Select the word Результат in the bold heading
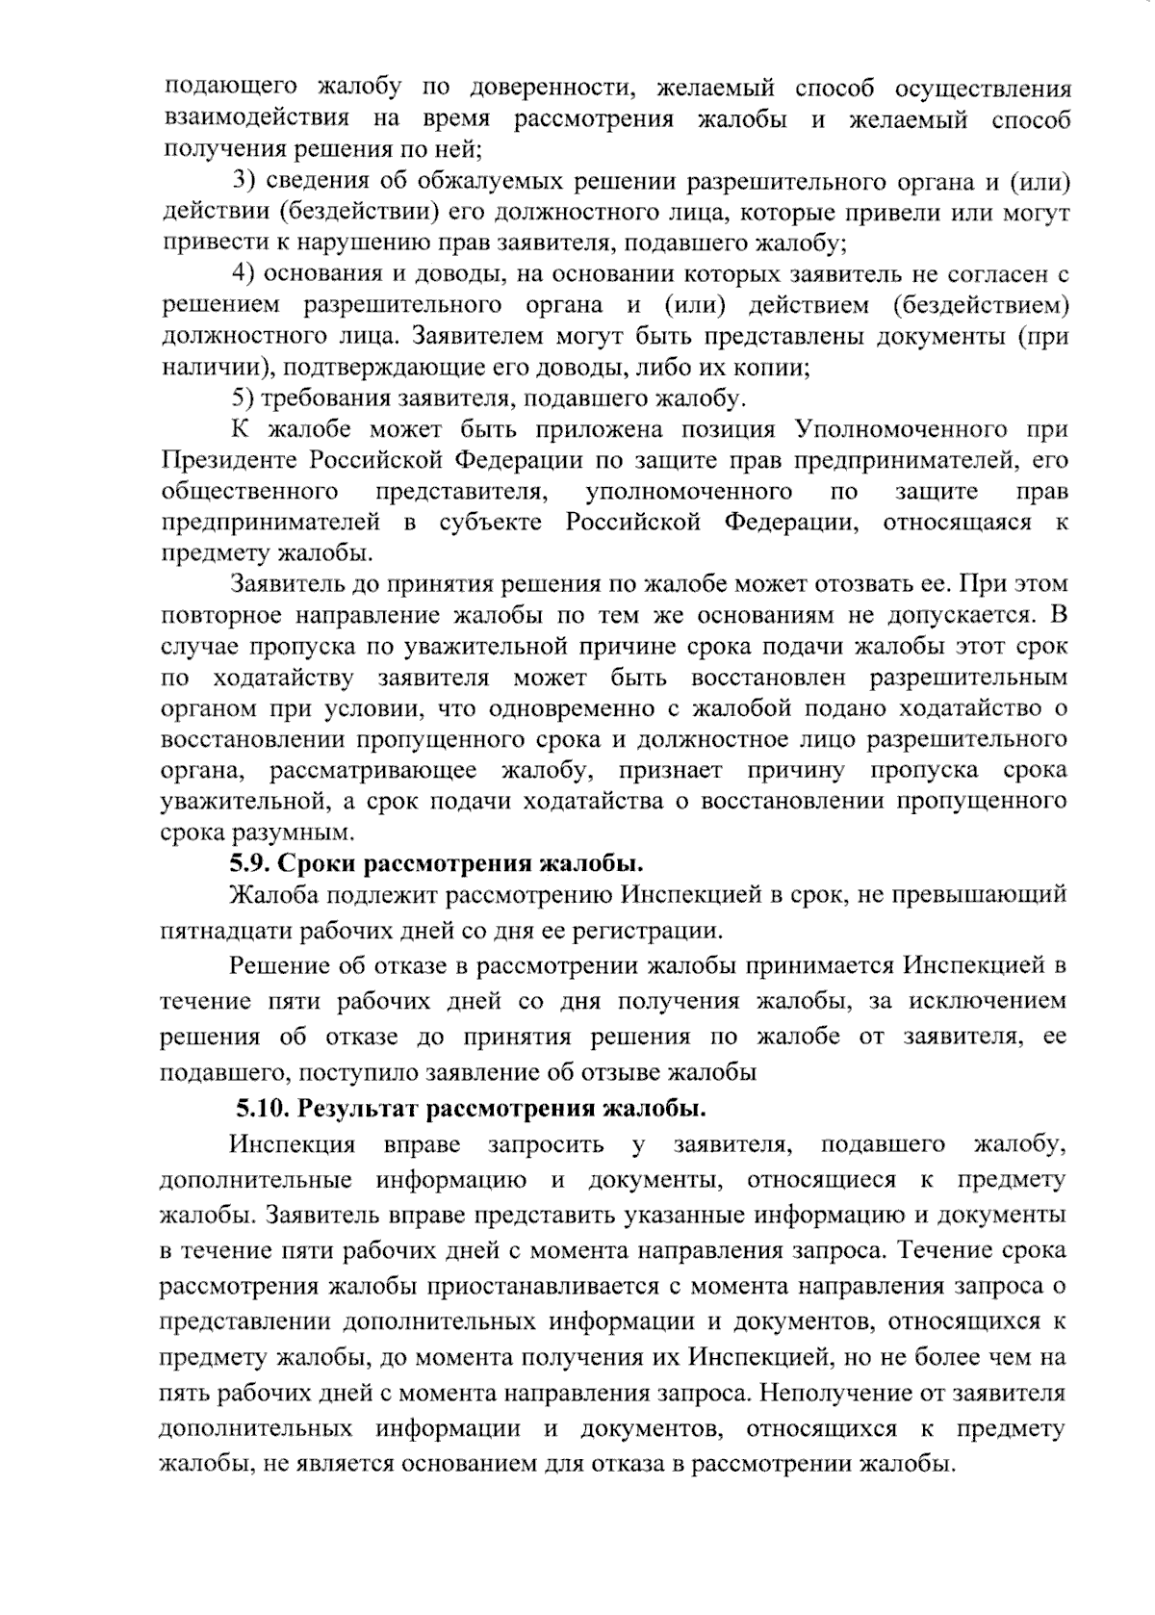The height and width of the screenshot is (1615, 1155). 359,1108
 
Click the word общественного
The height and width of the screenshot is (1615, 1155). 249,492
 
